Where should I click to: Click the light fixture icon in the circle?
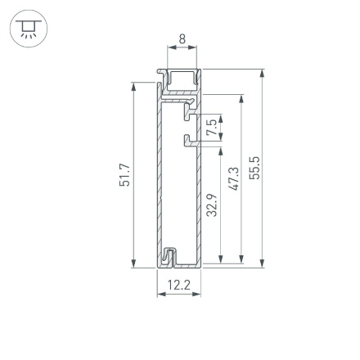(29, 29)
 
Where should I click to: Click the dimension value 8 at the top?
(182, 38)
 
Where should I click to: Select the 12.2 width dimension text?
(178, 285)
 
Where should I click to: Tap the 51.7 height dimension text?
(102, 175)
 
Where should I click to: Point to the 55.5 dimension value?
(254, 169)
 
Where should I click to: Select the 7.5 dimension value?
(213, 128)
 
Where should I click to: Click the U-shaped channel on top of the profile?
(182, 79)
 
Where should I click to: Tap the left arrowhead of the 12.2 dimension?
(161, 293)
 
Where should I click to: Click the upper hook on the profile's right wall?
(191, 103)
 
